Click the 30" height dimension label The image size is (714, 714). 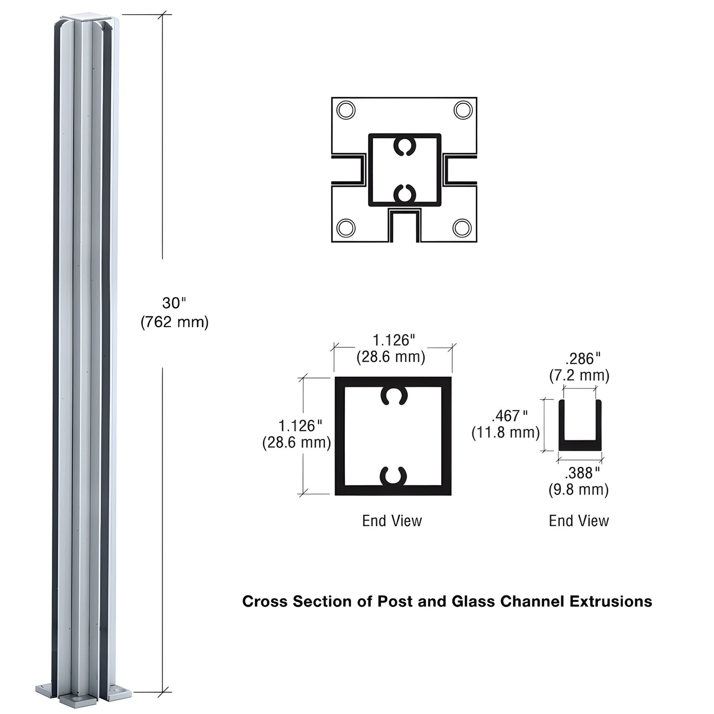coord(174,303)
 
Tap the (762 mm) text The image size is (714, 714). coord(174,322)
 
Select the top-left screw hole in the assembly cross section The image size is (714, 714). coord(345,110)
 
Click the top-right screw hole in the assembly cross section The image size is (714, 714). coord(463,110)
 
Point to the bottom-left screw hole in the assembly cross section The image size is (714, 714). coord(345,228)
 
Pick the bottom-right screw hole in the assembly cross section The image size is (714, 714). coord(462,228)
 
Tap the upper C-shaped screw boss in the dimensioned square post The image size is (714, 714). coord(394,396)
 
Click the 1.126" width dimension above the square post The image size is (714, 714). coord(393,340)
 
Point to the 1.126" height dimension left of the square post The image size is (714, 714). coord(300,425)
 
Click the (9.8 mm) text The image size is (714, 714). coord(579,490)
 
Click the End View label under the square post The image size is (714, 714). coord(392,521)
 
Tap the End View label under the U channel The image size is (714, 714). coord(579,521)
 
